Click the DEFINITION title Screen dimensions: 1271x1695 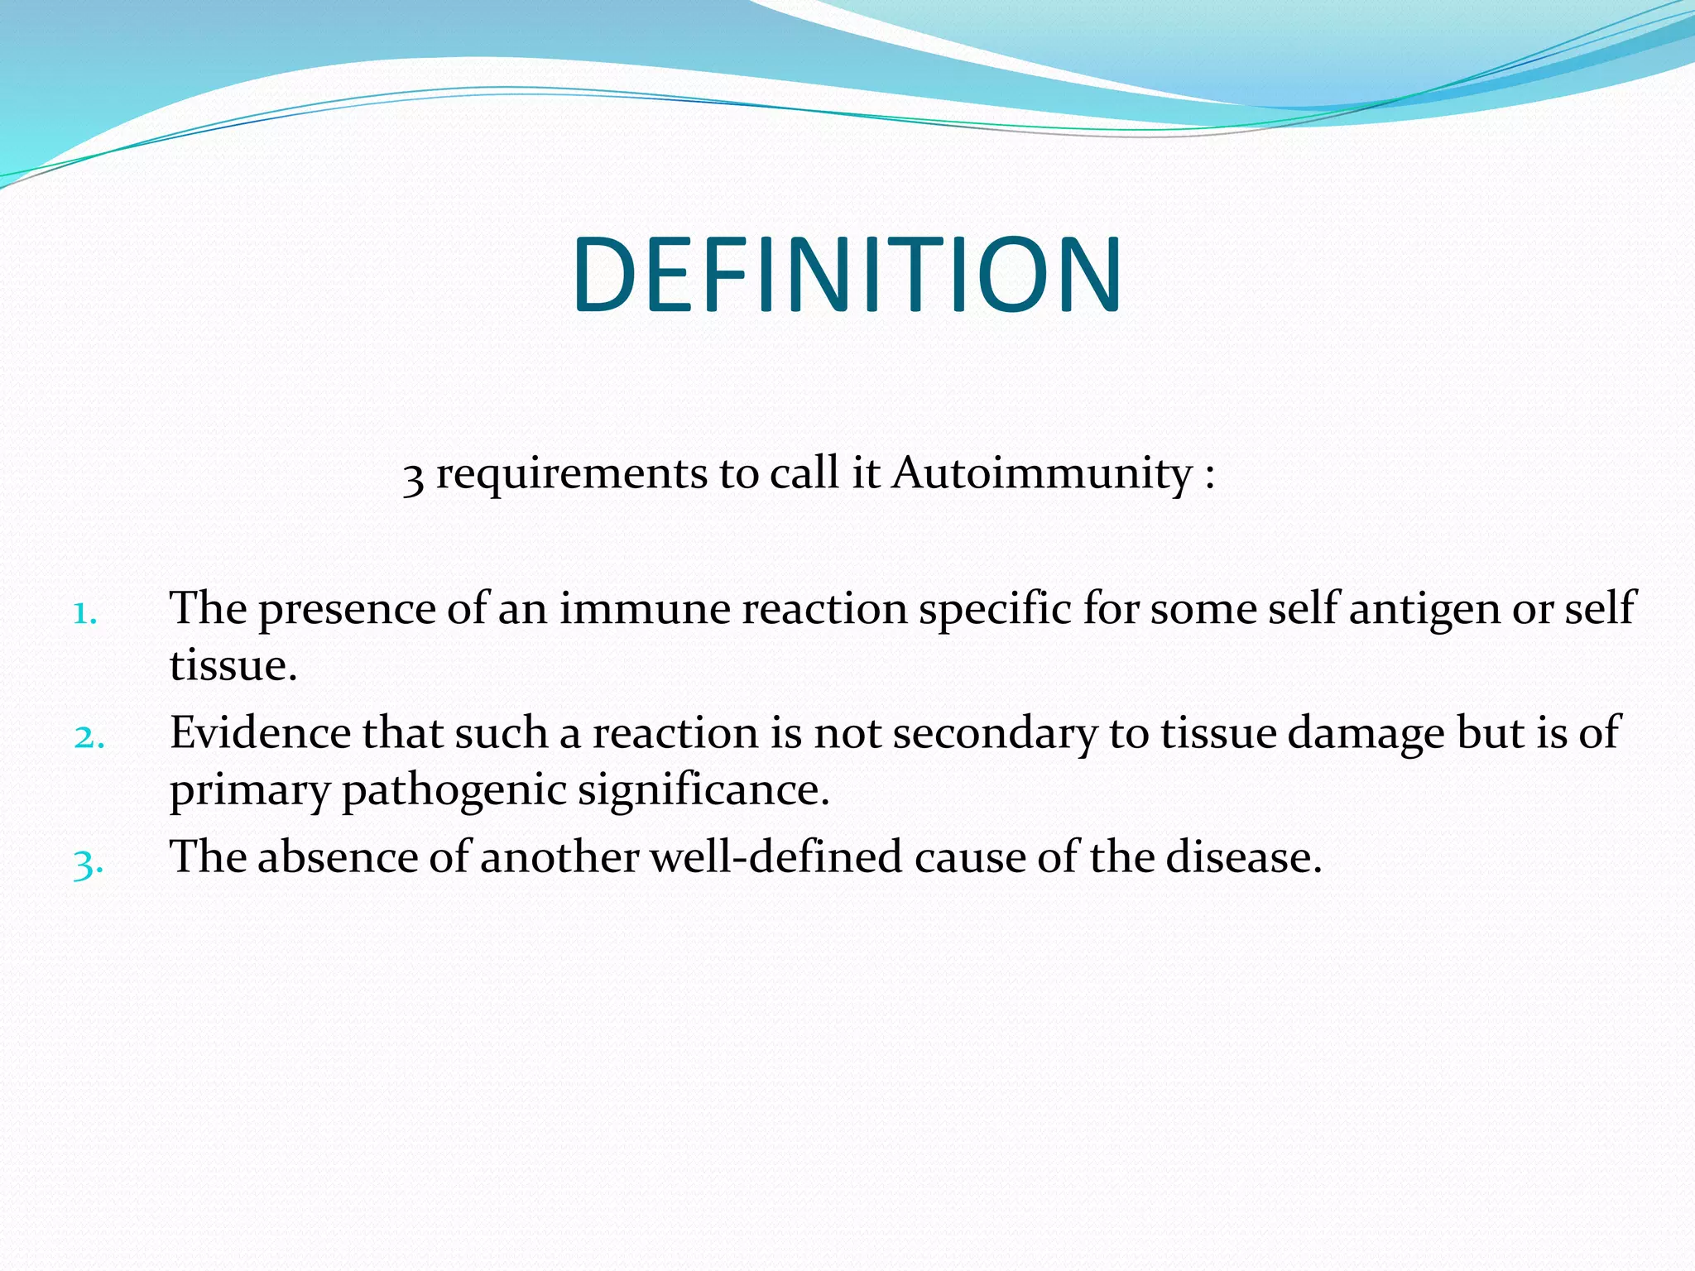pos(847,275)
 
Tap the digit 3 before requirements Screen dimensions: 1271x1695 pos(413,477)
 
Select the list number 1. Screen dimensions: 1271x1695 pos(85,614)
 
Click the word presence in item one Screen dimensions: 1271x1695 pos(347,611)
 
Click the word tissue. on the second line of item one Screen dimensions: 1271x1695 pos(233,666)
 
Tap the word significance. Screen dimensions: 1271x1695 pos(703,791)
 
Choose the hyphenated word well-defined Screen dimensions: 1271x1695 pos(775,857)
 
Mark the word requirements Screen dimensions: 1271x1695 pos(571,475)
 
